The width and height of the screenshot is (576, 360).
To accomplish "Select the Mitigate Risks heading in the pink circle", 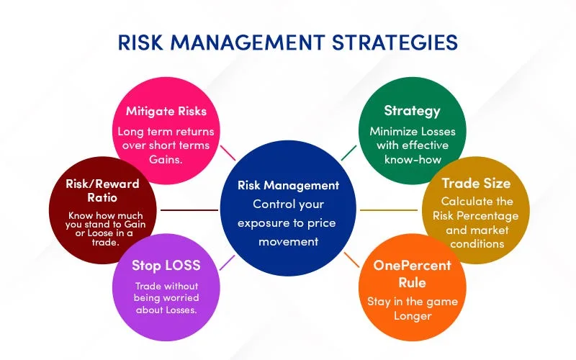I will [166, 111].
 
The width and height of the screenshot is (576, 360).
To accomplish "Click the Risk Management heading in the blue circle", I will [288, 185].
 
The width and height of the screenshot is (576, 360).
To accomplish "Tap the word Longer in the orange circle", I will [412, 315].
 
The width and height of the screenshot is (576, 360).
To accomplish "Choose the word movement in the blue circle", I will [288, 241].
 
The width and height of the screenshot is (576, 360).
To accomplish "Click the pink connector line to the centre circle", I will [228, 153].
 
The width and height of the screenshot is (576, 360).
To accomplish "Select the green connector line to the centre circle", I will [348, 152].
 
